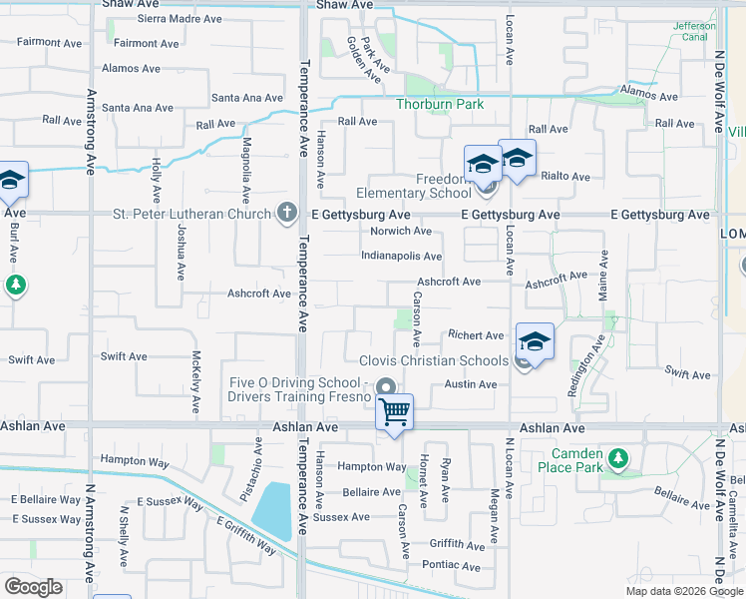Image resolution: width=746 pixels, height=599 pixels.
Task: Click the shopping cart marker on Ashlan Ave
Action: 395,410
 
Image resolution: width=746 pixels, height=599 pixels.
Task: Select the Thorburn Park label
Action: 440,104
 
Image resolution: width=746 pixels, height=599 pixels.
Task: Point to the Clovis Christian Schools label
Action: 434,360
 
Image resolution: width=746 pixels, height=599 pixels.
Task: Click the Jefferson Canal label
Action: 694,31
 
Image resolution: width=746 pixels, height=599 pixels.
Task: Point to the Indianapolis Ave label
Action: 401,257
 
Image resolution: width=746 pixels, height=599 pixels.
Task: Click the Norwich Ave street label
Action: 400,231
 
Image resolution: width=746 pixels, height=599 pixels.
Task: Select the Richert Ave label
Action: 476,335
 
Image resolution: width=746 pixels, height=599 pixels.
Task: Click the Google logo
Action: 33,587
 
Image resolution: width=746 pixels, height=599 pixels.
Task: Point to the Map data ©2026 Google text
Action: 684,591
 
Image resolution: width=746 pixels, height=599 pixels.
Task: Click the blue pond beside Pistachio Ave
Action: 272,511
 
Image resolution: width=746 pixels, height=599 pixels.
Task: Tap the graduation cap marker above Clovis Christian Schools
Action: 535,342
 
